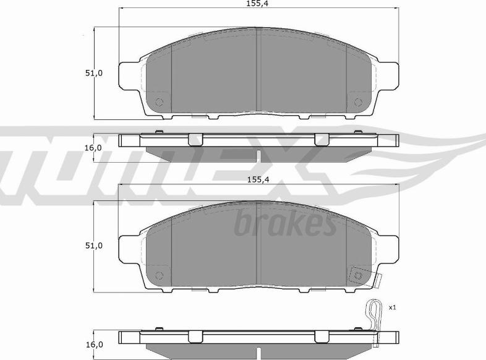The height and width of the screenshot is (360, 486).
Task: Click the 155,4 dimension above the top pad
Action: (257, 4)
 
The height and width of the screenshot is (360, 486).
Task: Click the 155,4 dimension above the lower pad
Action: (258, 179)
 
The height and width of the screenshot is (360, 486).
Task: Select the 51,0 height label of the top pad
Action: (94, 73)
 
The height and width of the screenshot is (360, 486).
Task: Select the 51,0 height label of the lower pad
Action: (94, 246)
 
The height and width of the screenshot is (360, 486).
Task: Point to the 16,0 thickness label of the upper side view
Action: (93, 148)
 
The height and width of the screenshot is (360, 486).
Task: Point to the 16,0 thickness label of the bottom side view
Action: (93, 345)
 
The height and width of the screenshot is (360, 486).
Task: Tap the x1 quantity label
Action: (393, 307)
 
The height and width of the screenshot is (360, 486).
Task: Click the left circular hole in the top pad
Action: (159, 102)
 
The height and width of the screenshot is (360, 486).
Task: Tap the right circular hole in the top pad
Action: (358, 102)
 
